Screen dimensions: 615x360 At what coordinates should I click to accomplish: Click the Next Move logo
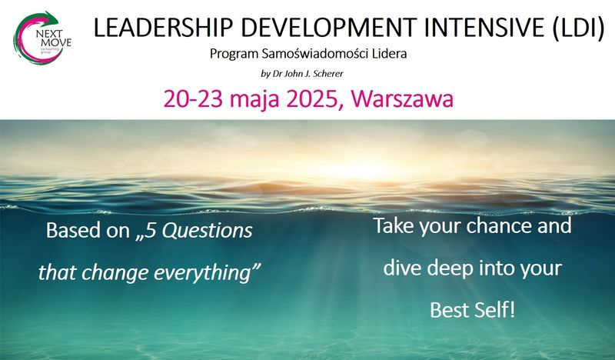click(42, 38)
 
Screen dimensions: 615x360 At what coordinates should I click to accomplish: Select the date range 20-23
click(193, 99)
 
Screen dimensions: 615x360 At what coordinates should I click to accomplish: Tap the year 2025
click(311, 99)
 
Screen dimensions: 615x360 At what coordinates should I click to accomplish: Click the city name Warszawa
click(402, 99)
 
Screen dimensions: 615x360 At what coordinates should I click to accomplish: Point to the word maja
click(254, 100)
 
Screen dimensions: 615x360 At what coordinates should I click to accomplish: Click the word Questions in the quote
click(207, 231)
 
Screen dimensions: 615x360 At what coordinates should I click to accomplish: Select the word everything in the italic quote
click(207, 273)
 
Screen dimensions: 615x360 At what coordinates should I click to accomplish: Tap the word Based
click(73, 230)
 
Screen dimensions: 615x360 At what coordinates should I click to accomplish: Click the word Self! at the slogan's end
click(494, 310)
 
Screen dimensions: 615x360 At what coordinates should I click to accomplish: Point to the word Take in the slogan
click(394, 225)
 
